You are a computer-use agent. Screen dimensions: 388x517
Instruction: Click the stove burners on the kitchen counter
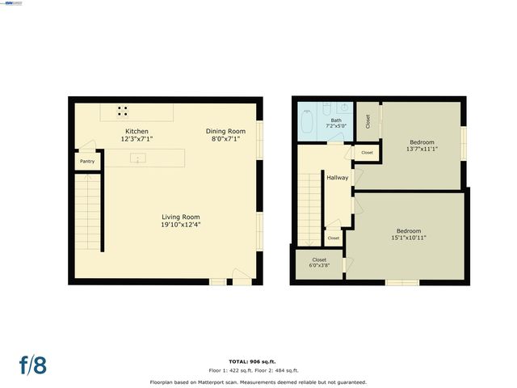pyautogui.click(x=123, y=112)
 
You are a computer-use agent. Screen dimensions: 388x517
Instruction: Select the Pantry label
pyautogui.click(x=86, y=162)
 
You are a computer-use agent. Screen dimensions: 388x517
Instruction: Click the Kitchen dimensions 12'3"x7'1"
pyautogui.click(x=136, y=139)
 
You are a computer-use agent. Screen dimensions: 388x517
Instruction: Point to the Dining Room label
pyautogui.click(x=225, y=131)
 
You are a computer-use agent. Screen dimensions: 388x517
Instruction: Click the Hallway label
pyautogui.click(x=336, y=177)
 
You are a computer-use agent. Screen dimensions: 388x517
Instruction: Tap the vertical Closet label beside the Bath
pyautogui.click(x=368, y=121)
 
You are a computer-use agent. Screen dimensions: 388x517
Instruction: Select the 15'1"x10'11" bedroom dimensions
pyautogui.click(x=409, y=238)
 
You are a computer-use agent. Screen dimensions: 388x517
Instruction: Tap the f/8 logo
pyautogui.click(x=33, y=365)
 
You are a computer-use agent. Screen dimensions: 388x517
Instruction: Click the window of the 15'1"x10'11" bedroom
pyautogui.click(x=401, y=282)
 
